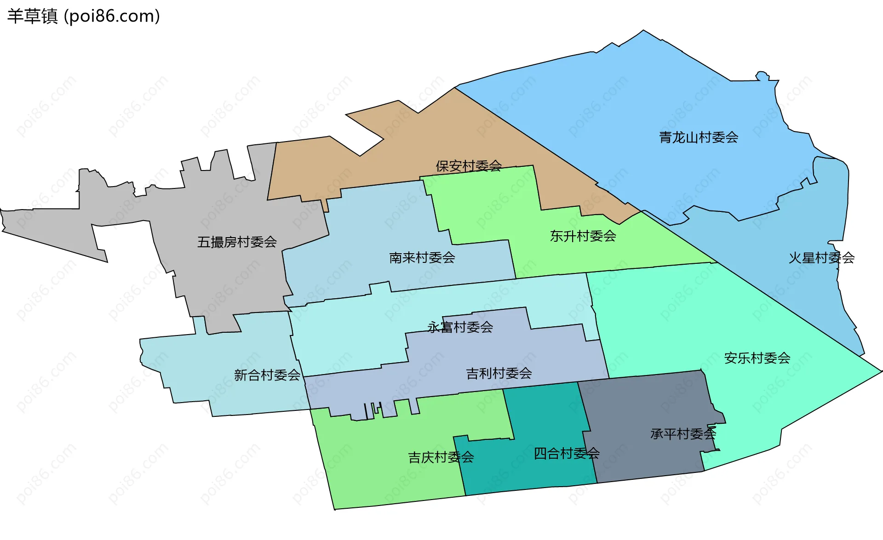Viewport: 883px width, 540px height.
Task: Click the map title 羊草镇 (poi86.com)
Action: coord(84,16)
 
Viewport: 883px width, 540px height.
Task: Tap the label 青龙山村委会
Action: coord(699,137)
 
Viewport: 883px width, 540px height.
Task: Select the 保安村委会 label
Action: coord(469,166)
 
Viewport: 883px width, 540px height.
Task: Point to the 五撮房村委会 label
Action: coord(237,242)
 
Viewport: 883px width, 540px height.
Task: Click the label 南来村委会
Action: coord(422,257)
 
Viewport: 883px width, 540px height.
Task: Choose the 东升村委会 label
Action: coord(583,236)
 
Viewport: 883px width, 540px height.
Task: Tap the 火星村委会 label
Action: coord(821,258)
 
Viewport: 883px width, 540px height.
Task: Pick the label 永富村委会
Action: coord(460,327)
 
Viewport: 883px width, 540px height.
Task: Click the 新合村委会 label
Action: coord(267,375)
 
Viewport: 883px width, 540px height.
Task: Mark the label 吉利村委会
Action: coord(499,373)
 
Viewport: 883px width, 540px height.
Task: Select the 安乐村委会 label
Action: coord(757,358)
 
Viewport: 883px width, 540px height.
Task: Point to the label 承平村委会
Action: coord(683,433)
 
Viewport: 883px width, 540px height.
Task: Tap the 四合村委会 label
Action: coord(566,454)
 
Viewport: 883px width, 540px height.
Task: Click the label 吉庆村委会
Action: coord(441,457)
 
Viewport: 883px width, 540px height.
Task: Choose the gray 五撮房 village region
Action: coord(221,276)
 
